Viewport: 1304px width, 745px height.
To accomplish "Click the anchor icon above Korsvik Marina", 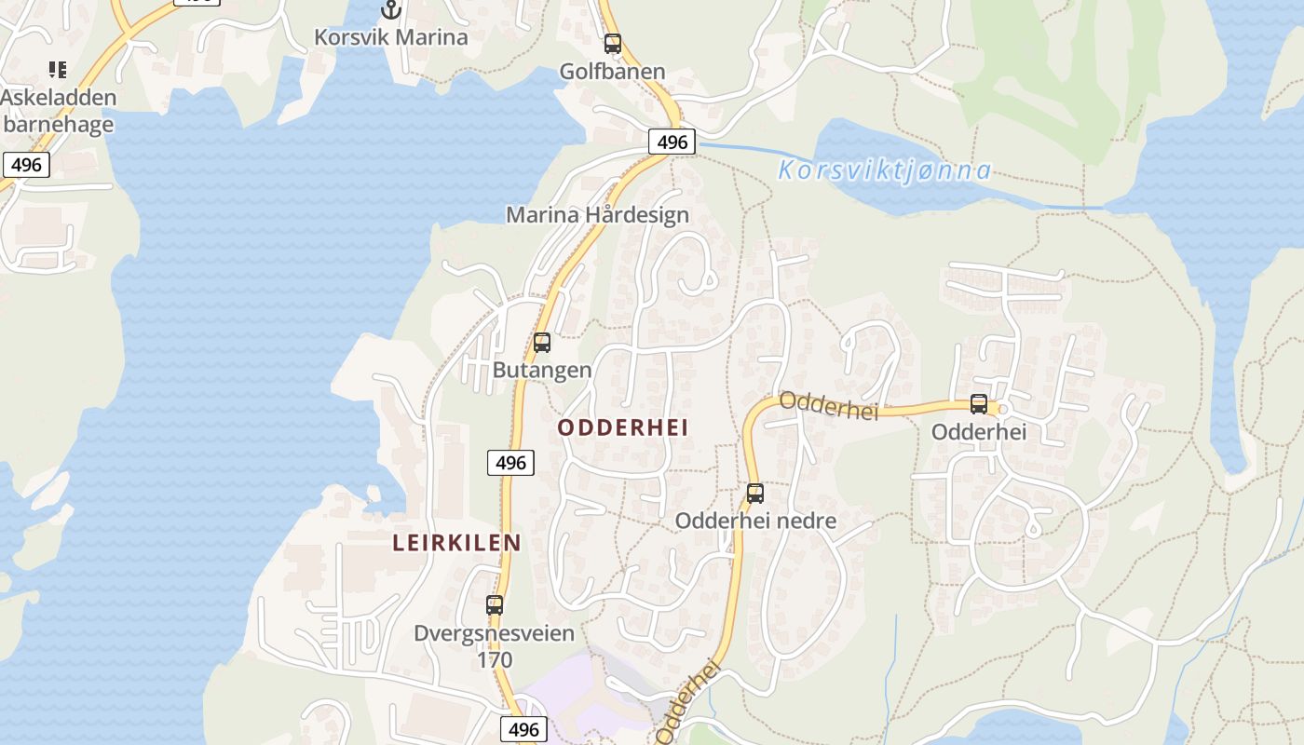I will (391, 10).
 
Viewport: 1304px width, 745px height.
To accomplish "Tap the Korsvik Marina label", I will (391, 37).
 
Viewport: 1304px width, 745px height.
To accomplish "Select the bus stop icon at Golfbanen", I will (612, 43).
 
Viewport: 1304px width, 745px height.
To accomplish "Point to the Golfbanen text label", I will (612, 72).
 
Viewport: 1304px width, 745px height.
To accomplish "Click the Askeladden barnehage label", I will (58, 111).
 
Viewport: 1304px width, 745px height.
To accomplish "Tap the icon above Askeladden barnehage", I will (58, 69).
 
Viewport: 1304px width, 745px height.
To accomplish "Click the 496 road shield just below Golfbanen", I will (672, 142).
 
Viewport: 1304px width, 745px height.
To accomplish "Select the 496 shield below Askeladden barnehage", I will (26, 165).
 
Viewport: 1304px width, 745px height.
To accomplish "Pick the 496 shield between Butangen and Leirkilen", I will (510, 462).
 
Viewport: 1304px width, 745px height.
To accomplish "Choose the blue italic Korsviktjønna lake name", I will (884, 171).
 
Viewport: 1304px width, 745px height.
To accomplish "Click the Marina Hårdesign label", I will (597, 215).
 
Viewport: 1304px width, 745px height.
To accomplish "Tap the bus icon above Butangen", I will (542, 342).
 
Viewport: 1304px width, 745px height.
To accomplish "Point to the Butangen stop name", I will (542, 370).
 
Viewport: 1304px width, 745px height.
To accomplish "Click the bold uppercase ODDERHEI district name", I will (623, 427).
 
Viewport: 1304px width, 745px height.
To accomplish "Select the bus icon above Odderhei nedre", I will (755, 493).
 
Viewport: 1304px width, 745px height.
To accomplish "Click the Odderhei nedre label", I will (755, 521).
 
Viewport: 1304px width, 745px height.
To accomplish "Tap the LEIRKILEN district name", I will (456, 543).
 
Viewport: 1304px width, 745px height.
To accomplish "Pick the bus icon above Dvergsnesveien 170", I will (495, 604).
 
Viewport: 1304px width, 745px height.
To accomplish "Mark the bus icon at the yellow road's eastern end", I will (978, 403).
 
